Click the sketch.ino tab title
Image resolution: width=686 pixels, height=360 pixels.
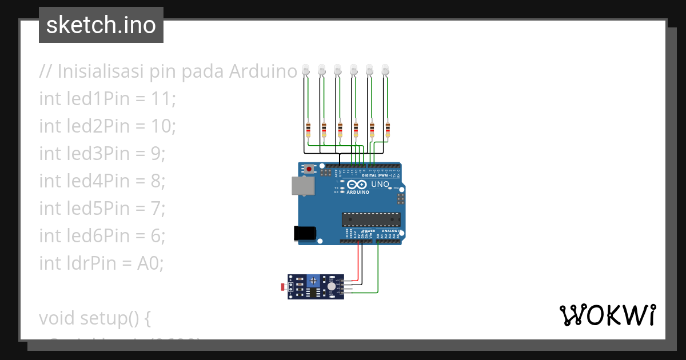click(101, 25)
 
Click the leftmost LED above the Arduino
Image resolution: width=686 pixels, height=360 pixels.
click(306, 70)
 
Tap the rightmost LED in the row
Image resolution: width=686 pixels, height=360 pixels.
click(386, 70)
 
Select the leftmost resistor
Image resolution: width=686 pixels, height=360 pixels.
click(308, 130)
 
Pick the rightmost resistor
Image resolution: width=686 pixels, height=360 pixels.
click(388, 130)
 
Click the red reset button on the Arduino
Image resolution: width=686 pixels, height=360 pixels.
click(309, 169)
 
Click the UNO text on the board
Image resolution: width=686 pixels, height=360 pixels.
click(380, 185)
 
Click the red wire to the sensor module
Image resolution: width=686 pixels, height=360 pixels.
click(359, 260)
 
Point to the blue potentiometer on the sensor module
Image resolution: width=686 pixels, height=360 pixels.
click(313, 281)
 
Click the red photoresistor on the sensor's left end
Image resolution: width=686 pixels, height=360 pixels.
click(284, 285)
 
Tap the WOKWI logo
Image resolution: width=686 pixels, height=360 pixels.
click(607, 315)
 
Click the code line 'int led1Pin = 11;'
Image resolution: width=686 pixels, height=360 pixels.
click(107, 99)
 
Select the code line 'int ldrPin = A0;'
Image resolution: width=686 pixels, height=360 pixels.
click(101, 263)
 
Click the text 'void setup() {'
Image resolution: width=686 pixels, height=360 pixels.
click(94, 318)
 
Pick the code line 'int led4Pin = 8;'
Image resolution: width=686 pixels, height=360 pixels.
click(102, 181)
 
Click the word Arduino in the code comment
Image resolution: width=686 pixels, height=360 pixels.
click(263, 71)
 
